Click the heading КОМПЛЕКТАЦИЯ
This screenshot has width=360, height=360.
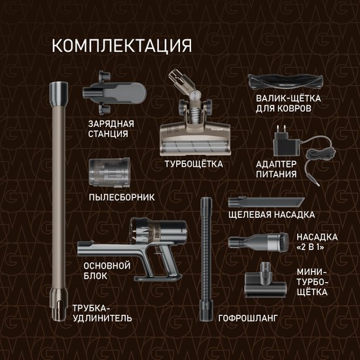pyautogui.click(x=122, y=46)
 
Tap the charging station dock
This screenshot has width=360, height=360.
pyautogui.click(x=114, y=92)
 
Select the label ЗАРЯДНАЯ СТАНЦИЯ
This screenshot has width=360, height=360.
pyautogui.click(x=111, y=128)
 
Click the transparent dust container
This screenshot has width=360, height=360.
pyautogui.click(x=109, y=172)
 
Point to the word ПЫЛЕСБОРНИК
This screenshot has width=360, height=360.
pyautogui.click(x=122, y=198)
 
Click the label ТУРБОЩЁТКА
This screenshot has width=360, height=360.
pyautogui.click(x=194, y=164)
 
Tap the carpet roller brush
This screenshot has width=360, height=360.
pyautogui.click(x=285, y=82)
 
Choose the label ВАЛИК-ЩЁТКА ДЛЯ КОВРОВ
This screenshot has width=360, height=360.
pyautogui.click(x=289, y=103)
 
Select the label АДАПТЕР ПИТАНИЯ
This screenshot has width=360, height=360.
pyautogui.click(x=276, y=169)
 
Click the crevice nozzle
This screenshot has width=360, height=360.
pyautogui.click(x=266, y=202)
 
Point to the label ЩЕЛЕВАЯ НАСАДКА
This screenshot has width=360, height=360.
pyautogui.click(x=272, y=215)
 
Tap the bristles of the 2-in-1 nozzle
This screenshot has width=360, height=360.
pyautogui.click(x=285, y=242)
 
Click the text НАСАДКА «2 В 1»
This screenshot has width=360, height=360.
pyautogui.click(x=317, y=242)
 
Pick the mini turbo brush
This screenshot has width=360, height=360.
pyautogui.click(x=265, y=280)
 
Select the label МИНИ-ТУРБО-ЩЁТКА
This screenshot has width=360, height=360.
pyautogui.click(x=312, y=282)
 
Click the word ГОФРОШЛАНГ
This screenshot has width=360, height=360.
pyautogui.click(x=248, y=318)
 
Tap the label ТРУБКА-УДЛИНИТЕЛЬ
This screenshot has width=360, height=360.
pyautogui.click(x=102, y=313)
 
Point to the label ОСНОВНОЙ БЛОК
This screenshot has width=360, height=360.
pyautogui.click(x=107, y=271)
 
